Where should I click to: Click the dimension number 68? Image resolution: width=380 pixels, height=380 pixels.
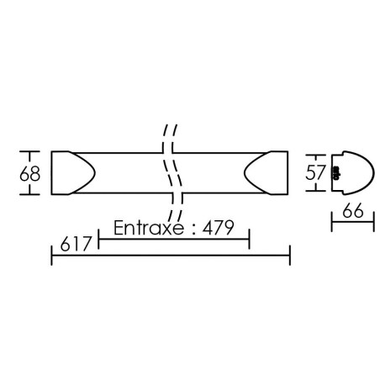[29, 174]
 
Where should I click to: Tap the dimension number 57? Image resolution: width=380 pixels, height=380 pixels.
[315, 172]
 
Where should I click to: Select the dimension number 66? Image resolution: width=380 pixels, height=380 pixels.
[353, 210]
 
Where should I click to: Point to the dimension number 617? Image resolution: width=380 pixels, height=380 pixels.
[76, 244]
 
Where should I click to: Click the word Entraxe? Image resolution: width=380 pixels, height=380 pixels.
[149, 228]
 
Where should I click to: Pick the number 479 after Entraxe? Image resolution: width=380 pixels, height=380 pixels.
[219, 228]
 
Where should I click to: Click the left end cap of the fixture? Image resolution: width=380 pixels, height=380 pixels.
[73, 172]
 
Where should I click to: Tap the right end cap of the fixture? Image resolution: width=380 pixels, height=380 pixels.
[266, 172]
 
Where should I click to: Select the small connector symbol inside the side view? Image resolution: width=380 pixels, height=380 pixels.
[335, 172]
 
